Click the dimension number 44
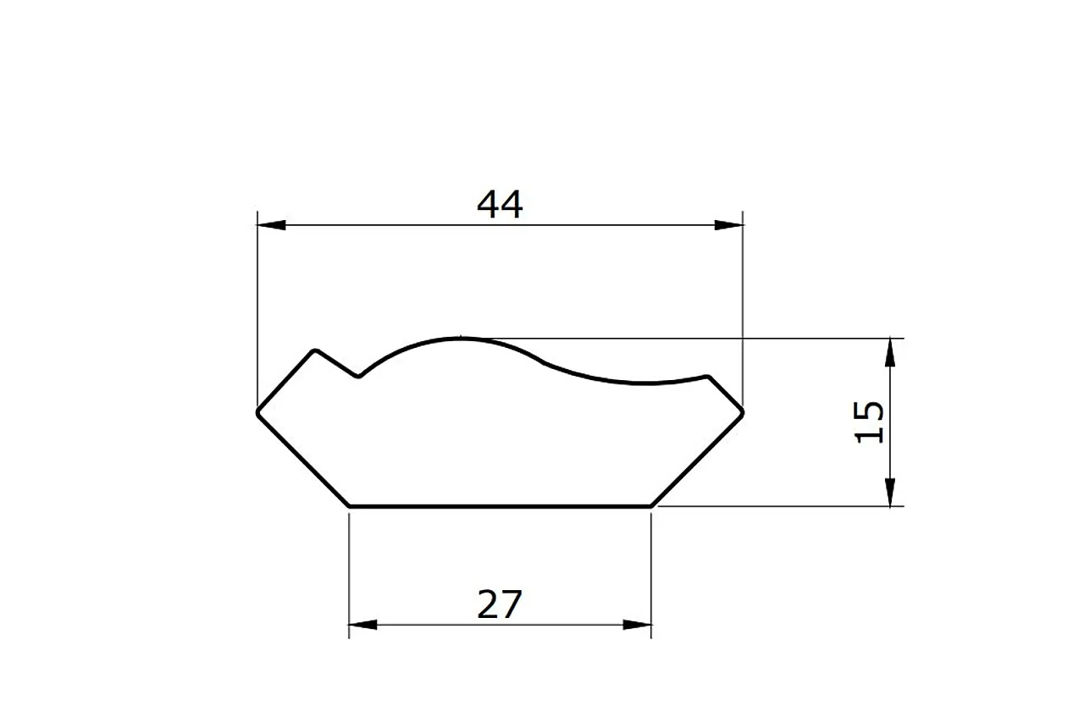500,204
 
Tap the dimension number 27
500,604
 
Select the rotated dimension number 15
870,422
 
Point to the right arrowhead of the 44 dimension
728,225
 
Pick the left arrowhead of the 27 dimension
362,626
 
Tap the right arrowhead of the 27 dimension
638,626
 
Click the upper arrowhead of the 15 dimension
890,351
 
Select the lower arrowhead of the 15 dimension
890,493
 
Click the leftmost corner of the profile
258,413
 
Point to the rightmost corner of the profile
743,412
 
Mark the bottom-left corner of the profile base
350,506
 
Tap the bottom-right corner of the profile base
650,506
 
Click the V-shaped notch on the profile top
359,376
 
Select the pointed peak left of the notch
316,350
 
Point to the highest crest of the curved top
460,339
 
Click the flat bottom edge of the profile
500,506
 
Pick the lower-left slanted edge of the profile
303,460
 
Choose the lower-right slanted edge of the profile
697,460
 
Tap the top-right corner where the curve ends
708,376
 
